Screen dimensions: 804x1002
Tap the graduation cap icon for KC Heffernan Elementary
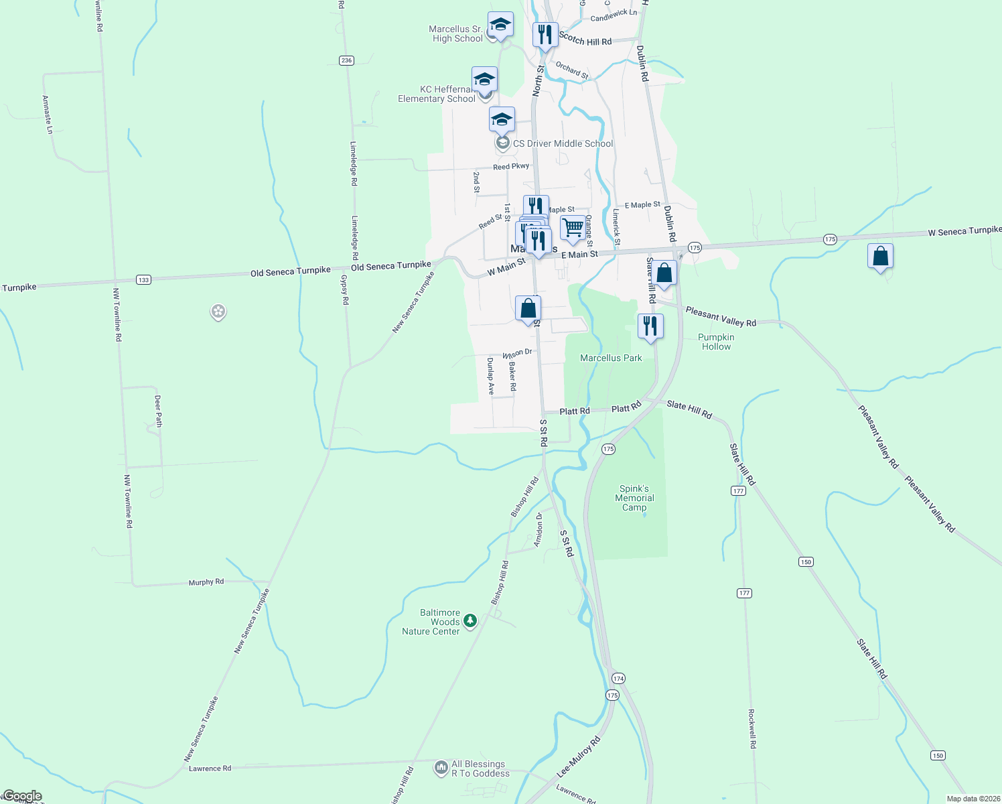coord(484,80)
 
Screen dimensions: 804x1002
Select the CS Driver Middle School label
coord(563,143)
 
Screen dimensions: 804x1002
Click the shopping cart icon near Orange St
coord(573,228)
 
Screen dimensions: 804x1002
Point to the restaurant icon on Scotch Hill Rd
coord(545,35)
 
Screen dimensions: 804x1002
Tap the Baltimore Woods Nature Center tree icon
coord(470,621)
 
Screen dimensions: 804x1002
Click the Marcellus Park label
coord(611,358)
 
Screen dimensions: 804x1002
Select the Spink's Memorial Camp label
coord(634,498)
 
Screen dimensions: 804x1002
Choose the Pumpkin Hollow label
coord(716,342)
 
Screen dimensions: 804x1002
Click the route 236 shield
coord(346,60)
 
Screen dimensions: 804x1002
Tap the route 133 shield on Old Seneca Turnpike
coord(143,279)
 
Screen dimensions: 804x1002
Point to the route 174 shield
coord(618,679)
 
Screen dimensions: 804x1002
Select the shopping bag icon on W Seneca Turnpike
coord(880,256)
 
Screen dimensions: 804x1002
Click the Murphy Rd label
coord(206,582)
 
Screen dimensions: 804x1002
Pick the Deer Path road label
coord(158,411)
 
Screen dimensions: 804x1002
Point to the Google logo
coord(23,796)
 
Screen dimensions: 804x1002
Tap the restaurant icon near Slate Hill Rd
coord(650,326)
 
